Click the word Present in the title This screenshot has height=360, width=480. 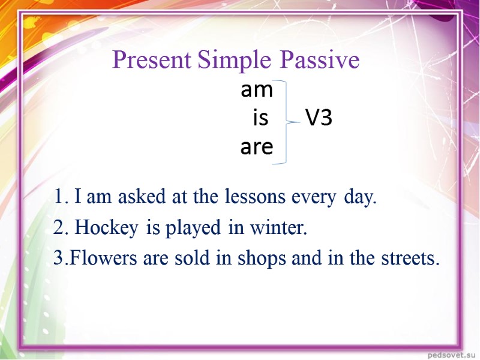151,61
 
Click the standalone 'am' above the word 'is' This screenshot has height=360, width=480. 256,91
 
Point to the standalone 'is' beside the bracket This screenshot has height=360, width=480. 260,119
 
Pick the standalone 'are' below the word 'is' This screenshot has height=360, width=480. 256,147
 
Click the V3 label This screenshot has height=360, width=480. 319,119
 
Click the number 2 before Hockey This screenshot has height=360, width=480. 58,228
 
